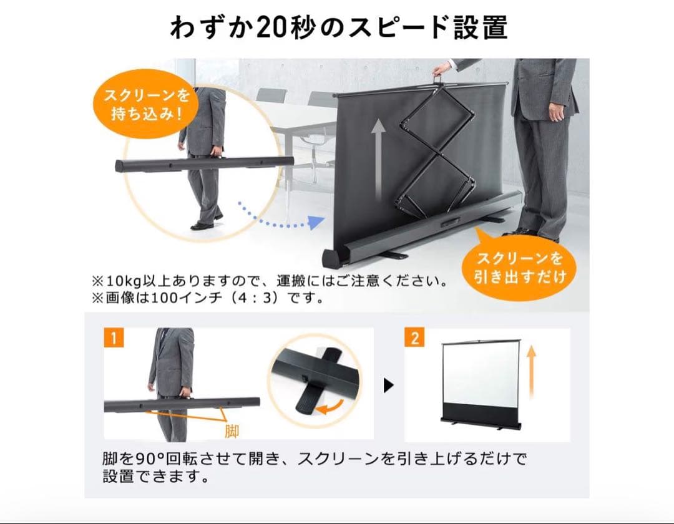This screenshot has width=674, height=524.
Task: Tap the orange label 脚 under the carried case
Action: [232, 431]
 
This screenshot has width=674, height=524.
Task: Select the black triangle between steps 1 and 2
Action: [388, 386]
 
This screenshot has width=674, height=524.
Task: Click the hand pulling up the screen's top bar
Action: [442, 67]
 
